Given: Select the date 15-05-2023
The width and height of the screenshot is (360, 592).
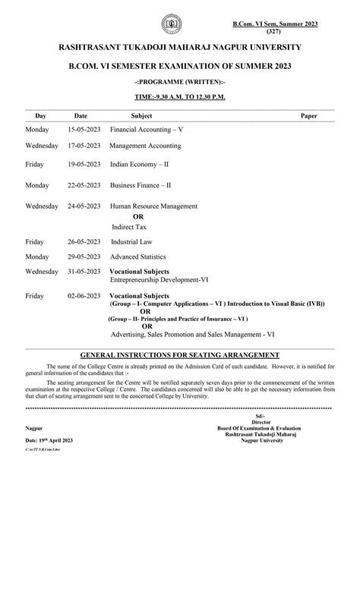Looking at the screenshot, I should (83, 130).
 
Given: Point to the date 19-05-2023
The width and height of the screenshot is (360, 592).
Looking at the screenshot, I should (83, 163).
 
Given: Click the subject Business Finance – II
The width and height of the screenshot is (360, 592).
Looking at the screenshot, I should (141, 184).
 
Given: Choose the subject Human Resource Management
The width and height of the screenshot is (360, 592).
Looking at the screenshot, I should (154, 206).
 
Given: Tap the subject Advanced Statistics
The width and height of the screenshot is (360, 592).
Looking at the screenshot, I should (138, 257).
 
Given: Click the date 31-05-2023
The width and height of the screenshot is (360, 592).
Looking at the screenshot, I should (83, 271).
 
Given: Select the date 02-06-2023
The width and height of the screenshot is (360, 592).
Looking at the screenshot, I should (83, 295).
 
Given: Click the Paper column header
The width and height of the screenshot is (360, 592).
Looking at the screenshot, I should (309, 115).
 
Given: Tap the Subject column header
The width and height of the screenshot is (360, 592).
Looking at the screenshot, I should (141, 115).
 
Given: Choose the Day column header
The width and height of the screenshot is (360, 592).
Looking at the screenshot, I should (40, 115).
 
